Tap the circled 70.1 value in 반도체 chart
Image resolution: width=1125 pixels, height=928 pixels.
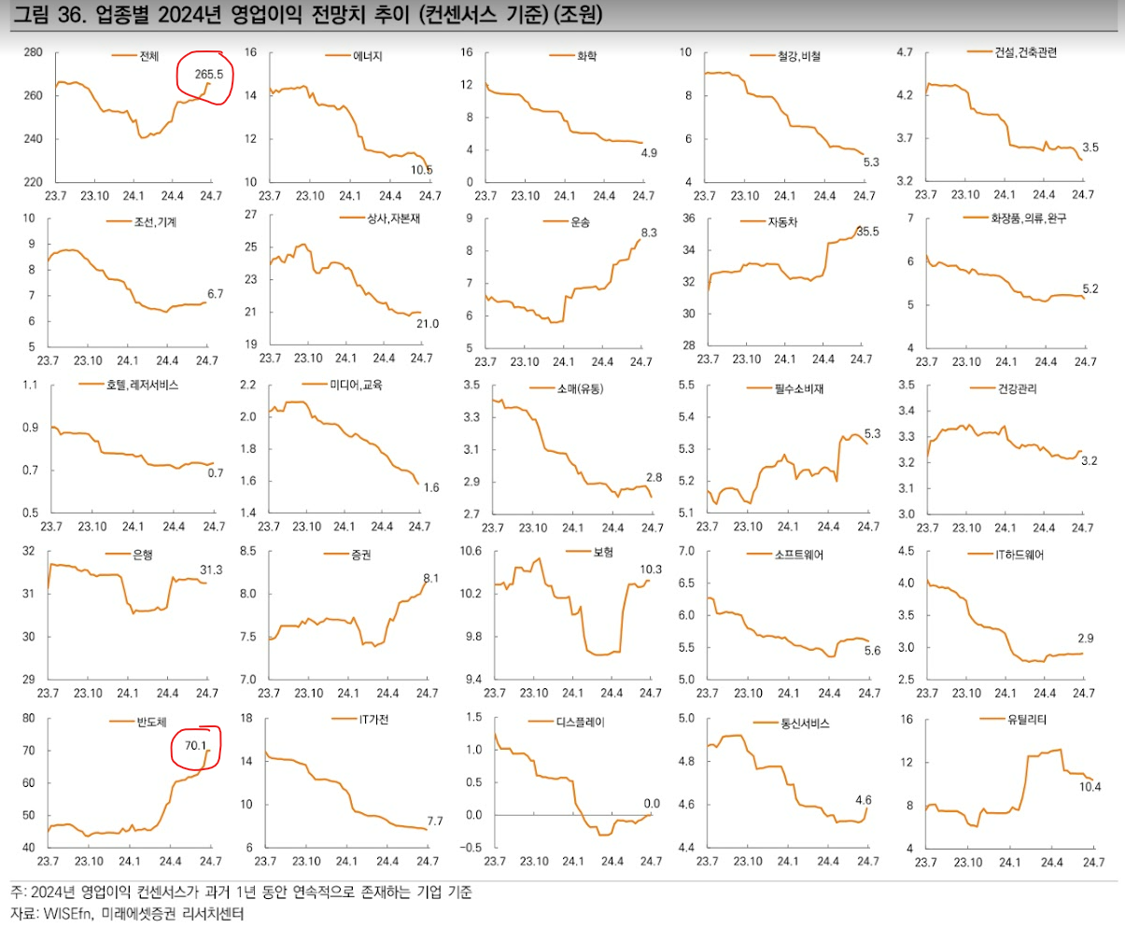(195, 746)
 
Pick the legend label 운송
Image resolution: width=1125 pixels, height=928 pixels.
(580, 222)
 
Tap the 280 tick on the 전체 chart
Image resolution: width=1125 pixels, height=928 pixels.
(33, 52)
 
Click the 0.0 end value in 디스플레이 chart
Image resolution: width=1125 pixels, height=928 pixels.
(651, 803)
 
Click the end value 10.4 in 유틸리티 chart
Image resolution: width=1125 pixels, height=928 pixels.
(1090, 787)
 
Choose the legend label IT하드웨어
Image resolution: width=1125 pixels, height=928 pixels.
(1020, 555)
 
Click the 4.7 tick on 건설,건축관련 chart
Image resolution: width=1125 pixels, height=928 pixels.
(904, 52)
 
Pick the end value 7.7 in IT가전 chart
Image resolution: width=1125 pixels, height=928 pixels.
(434, 821)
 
